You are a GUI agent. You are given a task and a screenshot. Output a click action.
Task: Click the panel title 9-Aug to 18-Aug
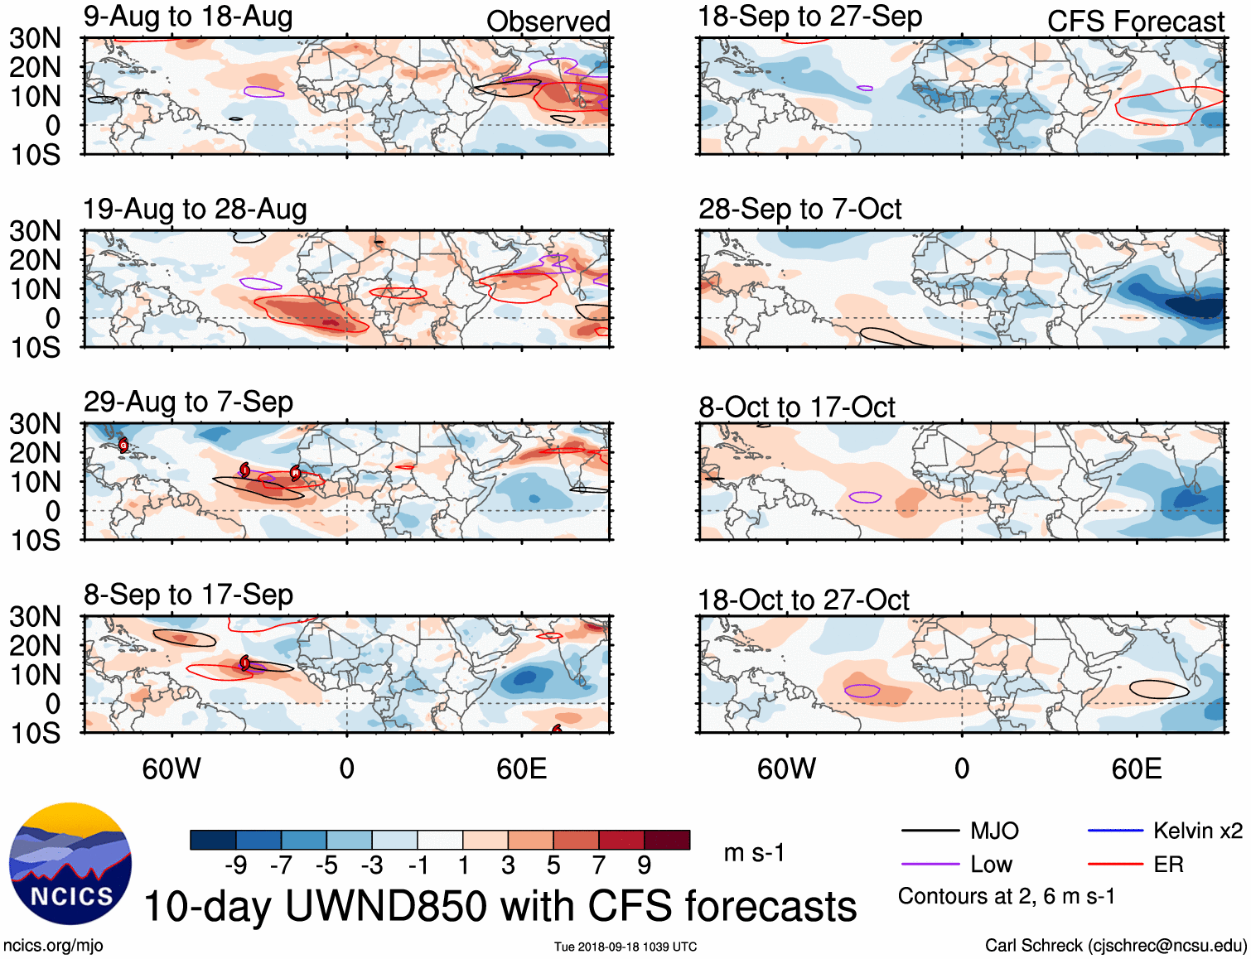coord(188,17)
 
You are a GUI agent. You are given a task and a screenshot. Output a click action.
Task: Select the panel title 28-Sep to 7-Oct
coord(799,210)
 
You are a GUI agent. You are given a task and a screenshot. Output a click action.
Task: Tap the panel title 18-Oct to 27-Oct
coord(803,600)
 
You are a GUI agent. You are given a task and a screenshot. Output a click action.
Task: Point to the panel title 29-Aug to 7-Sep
coord(188,402)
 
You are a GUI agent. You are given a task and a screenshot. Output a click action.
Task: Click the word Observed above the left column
coord(548,22)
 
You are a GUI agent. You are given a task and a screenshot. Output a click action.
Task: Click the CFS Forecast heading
coord(1135,22)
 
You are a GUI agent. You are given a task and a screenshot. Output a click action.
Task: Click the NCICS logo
coord(70,864)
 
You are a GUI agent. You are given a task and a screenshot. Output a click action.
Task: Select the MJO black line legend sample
coord(930,831)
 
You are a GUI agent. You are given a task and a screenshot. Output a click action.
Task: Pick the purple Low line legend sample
coord(930,865)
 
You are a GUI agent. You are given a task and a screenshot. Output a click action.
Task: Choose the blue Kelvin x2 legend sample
coord(1115,831)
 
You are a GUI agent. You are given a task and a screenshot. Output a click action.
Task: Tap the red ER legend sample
coord(1115,865)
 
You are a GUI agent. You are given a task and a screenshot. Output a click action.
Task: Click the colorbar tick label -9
coord(235,865)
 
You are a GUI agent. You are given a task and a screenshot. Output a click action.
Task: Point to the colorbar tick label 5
coord(553,865)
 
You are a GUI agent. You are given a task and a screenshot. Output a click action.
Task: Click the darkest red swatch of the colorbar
coord(667,840)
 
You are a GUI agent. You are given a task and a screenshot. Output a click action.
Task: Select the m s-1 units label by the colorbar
coord(753,853)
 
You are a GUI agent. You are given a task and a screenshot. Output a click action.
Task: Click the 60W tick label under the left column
coord(171,769)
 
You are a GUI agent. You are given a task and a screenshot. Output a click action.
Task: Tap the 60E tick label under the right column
coord(1136,769)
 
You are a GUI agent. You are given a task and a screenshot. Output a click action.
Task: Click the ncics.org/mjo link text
coord(53,946)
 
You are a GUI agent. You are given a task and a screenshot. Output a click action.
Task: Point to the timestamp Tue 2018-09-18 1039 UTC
coord(625,947)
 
